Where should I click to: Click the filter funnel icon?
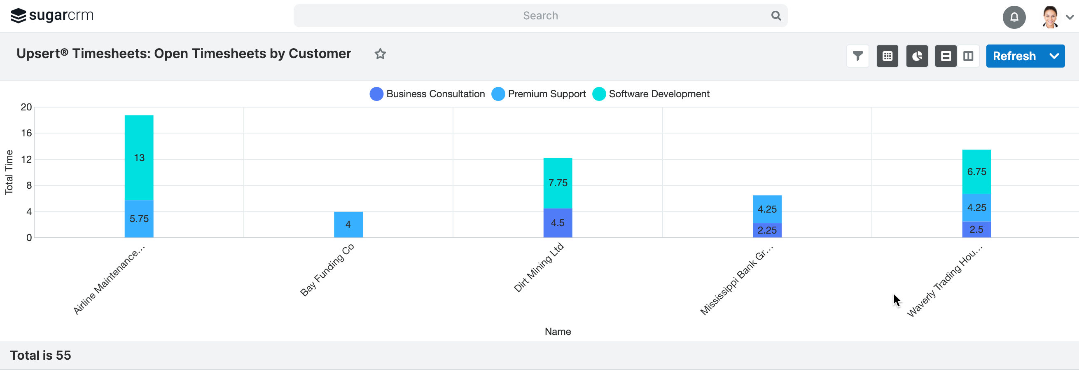857,56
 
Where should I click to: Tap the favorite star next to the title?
380,54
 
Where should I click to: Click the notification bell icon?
1014,17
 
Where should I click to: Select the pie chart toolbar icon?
917,56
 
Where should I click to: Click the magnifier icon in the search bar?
776,16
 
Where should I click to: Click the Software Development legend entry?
652,94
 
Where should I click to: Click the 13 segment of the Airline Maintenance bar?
139,158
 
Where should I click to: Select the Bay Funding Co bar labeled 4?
348,225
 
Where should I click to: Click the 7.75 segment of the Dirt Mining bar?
558,183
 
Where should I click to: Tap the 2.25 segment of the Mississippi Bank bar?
767,230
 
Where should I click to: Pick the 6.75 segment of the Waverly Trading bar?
976,172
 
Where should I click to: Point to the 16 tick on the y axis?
26,133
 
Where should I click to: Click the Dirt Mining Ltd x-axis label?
539,267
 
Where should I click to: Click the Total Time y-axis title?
9,172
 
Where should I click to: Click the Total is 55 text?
41,355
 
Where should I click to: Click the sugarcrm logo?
52,16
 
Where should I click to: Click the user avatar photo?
1050,17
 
